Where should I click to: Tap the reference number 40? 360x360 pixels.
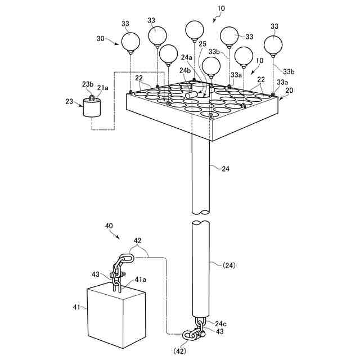[x=109, y=225]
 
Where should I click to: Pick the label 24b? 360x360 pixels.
[x=184, y=71]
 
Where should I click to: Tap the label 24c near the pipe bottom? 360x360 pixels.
[x=220, y=323]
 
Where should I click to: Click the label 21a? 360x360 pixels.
[x=102, y=87]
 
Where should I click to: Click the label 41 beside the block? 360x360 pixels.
[x=77, y=308]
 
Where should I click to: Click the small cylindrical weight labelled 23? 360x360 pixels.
[x=92, y=107]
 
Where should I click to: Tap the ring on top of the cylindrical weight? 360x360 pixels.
[x=92, y=97]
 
